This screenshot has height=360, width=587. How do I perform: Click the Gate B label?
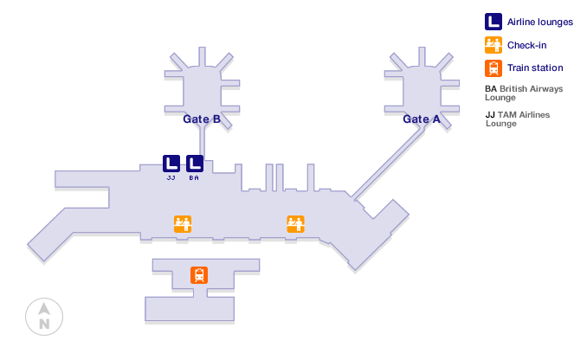tap(201, 119)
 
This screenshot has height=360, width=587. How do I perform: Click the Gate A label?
tap(421, 119)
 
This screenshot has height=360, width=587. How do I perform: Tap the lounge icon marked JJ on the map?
tap(171, 163)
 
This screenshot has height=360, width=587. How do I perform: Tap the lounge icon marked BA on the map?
tap(195, 163)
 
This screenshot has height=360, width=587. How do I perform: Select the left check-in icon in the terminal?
tap(183, 224)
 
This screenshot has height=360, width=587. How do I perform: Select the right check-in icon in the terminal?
tap(296, 224)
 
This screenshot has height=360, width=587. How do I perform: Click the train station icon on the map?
tap(200, 275)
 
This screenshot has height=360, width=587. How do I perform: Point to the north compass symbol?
tap(43, 316)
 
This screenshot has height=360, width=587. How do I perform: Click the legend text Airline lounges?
tap(534, 22)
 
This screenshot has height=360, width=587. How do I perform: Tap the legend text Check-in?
tap(526, 45)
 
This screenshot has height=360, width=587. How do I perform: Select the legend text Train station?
tap(535, 67)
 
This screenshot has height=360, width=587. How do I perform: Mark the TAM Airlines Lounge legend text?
tap(518, 119)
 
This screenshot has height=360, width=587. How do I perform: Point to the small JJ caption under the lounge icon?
tap(171, 177)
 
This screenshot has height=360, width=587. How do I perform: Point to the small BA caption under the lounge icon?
tap(195, 177)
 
